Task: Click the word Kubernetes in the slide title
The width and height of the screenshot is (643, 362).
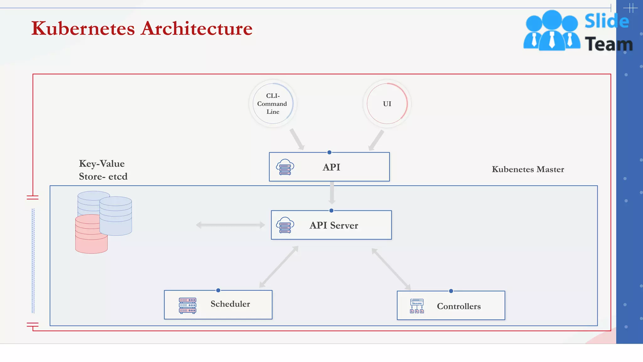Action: pyautogui.click(x=83, y=29)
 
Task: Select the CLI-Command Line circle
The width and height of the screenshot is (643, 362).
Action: pyautogui.click(x=273, y=104)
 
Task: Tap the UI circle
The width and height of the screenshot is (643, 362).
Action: pyautogui.click(x=387, y=104)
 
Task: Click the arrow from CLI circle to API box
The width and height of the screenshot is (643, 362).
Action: pyautogui.click(x=297, y=139)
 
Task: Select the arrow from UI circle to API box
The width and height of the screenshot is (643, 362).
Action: pyautogui.click(x=376, y=140)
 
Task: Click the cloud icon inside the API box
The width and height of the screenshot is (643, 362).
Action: pyautogui.click(x=285, y=167)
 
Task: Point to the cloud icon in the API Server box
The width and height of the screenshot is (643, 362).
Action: pyautogui.click(x=285, y=225)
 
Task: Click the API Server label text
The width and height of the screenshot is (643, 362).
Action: pyautogui.click(x=334, y=225)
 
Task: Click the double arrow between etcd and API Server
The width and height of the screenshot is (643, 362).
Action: pyautogui.click(x=230, y=225)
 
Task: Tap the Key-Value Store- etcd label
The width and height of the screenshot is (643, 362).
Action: pyautogui.click(x=103, y=170)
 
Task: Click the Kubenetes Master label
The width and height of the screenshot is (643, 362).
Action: pyautogui.click(x=528, y=169)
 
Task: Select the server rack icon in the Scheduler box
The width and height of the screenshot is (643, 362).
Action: pyautogui.click(x=187, y=305)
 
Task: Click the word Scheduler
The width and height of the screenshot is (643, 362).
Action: pyautogui.click(x=230, y=304)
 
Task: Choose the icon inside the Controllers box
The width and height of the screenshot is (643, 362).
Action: pyautogui.click(x=417, y=306)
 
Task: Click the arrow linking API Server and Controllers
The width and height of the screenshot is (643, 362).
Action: pyautogui.click(x=391, y=269)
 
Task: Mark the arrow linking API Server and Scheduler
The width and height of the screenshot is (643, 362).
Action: pyautogui.click(x=279, y=267)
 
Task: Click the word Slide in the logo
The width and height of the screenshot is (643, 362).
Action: pyautogui.click(x=607, y=21)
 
